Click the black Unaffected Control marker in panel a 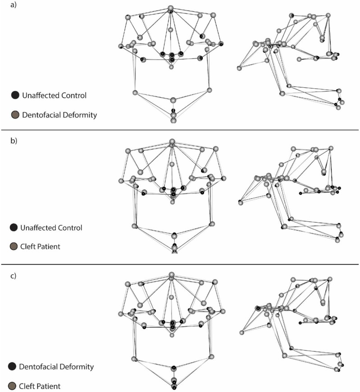(15, 95)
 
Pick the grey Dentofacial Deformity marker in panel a (15, 115)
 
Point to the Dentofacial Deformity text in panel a (59, 115)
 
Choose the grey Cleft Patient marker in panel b (15, 247)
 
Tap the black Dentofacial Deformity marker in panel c (12, 367)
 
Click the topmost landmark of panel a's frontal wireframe (170, 9)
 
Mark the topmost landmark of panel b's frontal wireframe (172, 142)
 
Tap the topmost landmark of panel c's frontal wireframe (171, 274)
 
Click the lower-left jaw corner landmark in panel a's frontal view (135, 92)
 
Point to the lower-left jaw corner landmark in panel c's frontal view (134, 359)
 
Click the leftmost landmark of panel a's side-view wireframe (238, 68)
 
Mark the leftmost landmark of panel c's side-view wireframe (242, 333)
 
